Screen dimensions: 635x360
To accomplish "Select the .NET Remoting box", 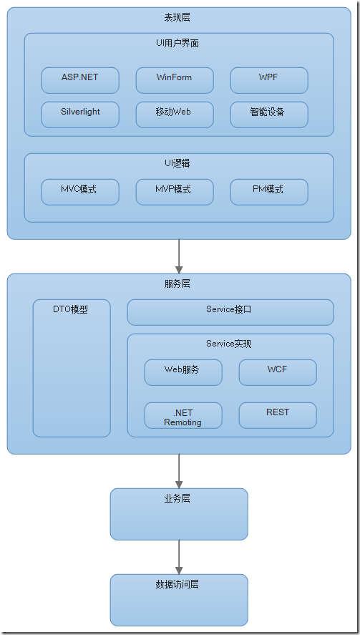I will [183, 415].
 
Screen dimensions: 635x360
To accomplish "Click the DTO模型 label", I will [71, 310].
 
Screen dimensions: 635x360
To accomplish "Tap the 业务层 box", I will [179, 514].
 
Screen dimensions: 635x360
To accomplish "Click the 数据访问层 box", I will [179, 600].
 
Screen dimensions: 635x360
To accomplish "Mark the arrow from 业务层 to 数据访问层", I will [179, 556].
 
